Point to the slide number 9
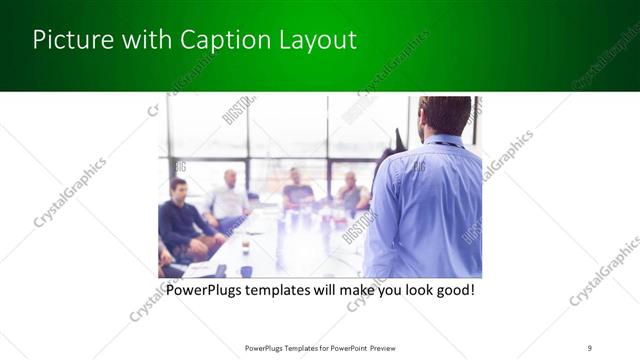(x=589, y=347)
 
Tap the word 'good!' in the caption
(x=452, y=291)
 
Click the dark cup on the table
(x=246, y=243)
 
